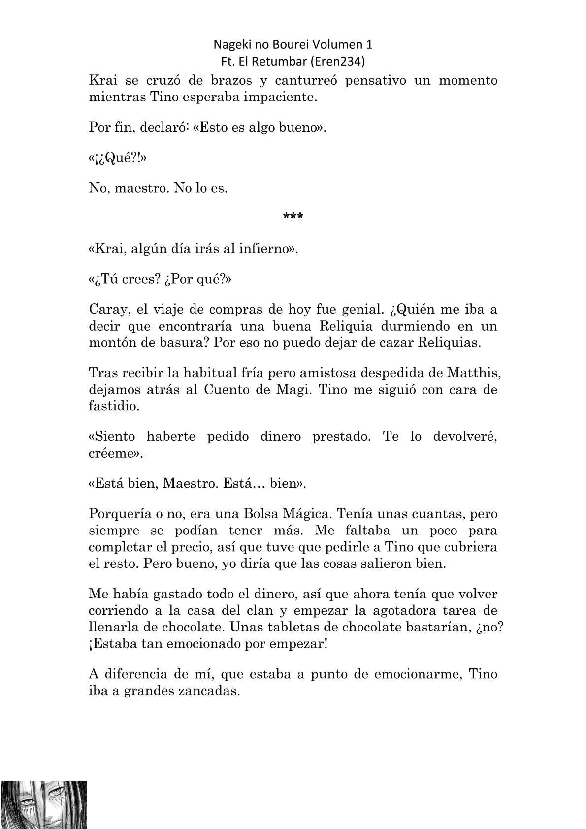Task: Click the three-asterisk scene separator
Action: pyautogui.click(x=293, y=217)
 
